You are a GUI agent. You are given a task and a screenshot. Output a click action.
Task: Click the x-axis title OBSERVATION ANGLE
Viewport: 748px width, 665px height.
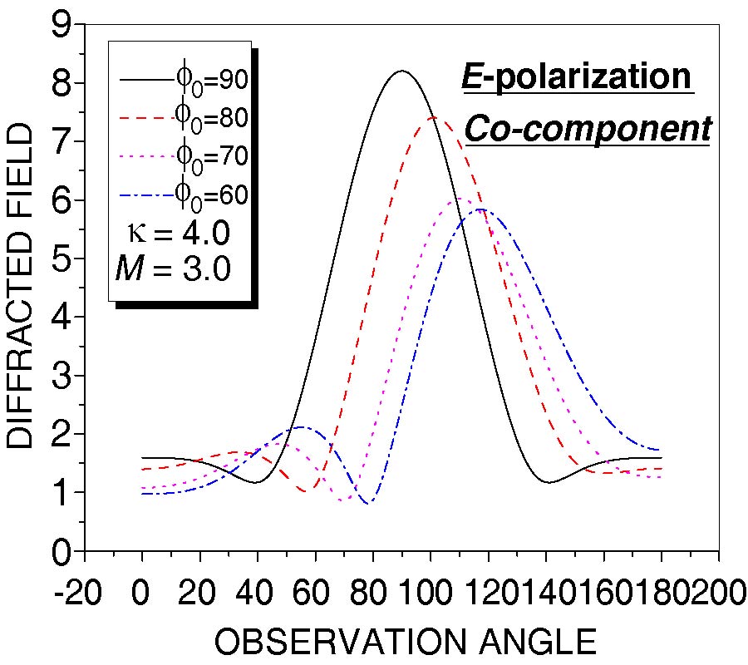406,643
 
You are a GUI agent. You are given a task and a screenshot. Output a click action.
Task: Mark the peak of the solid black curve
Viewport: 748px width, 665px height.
402,71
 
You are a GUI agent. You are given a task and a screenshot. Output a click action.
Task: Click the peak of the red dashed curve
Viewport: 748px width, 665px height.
434,117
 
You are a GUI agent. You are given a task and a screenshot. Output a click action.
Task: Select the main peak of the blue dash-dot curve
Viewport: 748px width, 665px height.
480,209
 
